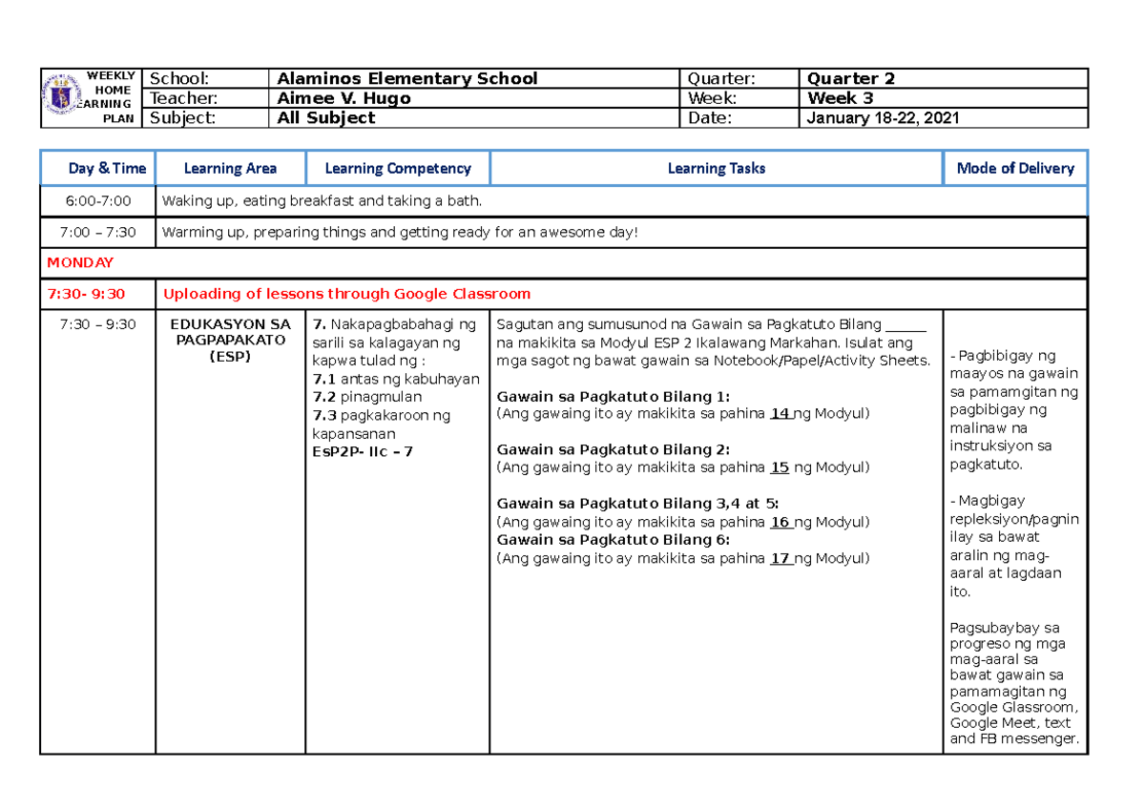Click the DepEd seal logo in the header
(64, 97)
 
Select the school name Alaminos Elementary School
(406, 78)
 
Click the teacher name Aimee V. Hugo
(343, 98)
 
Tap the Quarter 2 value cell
(851, 78)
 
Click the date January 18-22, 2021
(884, 118)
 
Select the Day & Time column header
(107, 168)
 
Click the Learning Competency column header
(398, 168)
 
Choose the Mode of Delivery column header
(1014, 168)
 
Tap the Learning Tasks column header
(716, 168)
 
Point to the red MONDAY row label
(81, 262)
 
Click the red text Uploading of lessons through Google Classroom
(347, 294)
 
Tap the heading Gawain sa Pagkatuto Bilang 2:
(614, 449)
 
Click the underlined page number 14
(780, 413)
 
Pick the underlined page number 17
(780, 558)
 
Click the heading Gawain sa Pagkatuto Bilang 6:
(614, 540)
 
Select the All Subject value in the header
(325, 118)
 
